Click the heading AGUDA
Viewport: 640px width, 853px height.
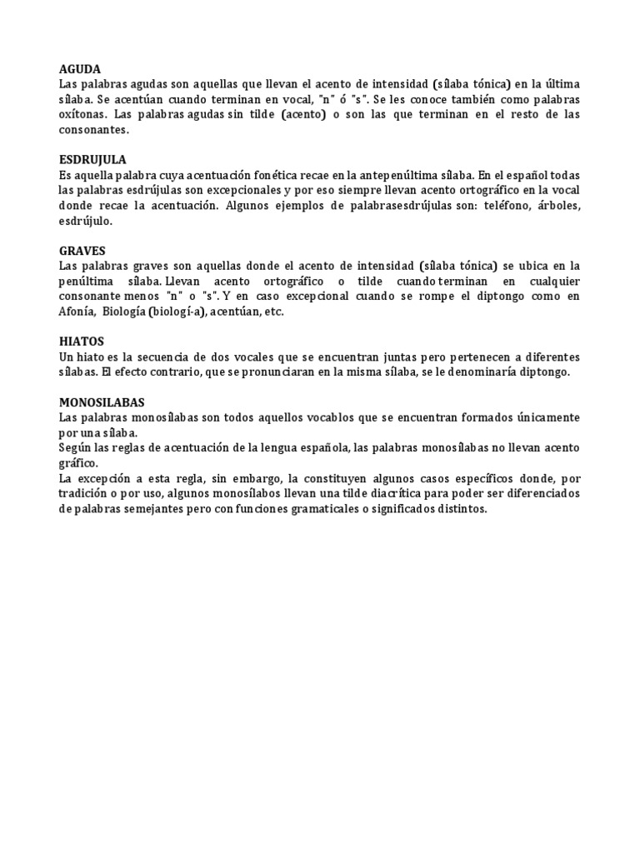(80, 69)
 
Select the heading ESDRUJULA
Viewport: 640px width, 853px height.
(92, 159)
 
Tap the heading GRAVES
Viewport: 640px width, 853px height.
(82, 249)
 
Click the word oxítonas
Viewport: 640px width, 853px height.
(83, 115)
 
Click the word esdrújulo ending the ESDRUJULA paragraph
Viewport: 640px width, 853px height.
(85, 221)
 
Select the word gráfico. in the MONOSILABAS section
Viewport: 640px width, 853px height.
(79, 462)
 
